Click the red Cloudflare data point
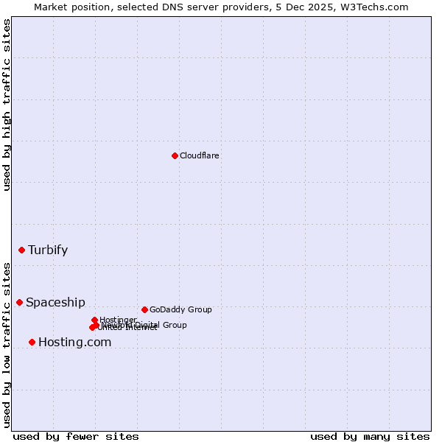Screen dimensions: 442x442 tap(175, 155)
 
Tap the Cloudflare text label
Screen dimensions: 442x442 tap(200, 155)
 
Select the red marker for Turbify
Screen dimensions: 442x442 tap(21, 250)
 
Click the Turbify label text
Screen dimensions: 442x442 tap(48, 250)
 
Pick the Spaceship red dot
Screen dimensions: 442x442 tap(19, 302)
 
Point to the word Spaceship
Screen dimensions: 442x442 tap(55, 302)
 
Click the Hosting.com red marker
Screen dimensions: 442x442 tap(32, 342)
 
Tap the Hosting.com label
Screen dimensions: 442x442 tap(74, 342)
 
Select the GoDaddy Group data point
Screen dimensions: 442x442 tap(144, 309)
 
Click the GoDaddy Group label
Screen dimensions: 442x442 tap(180, 309)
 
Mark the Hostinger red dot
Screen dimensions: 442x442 tap(94, 320)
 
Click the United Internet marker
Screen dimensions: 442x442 tap(92, 328)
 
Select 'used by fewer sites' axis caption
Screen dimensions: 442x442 tap(76, 436)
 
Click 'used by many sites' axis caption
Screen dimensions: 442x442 tap(370, 436)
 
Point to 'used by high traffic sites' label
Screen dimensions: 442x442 tap(7, 105)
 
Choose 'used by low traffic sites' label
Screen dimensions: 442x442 tap(7, 344)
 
